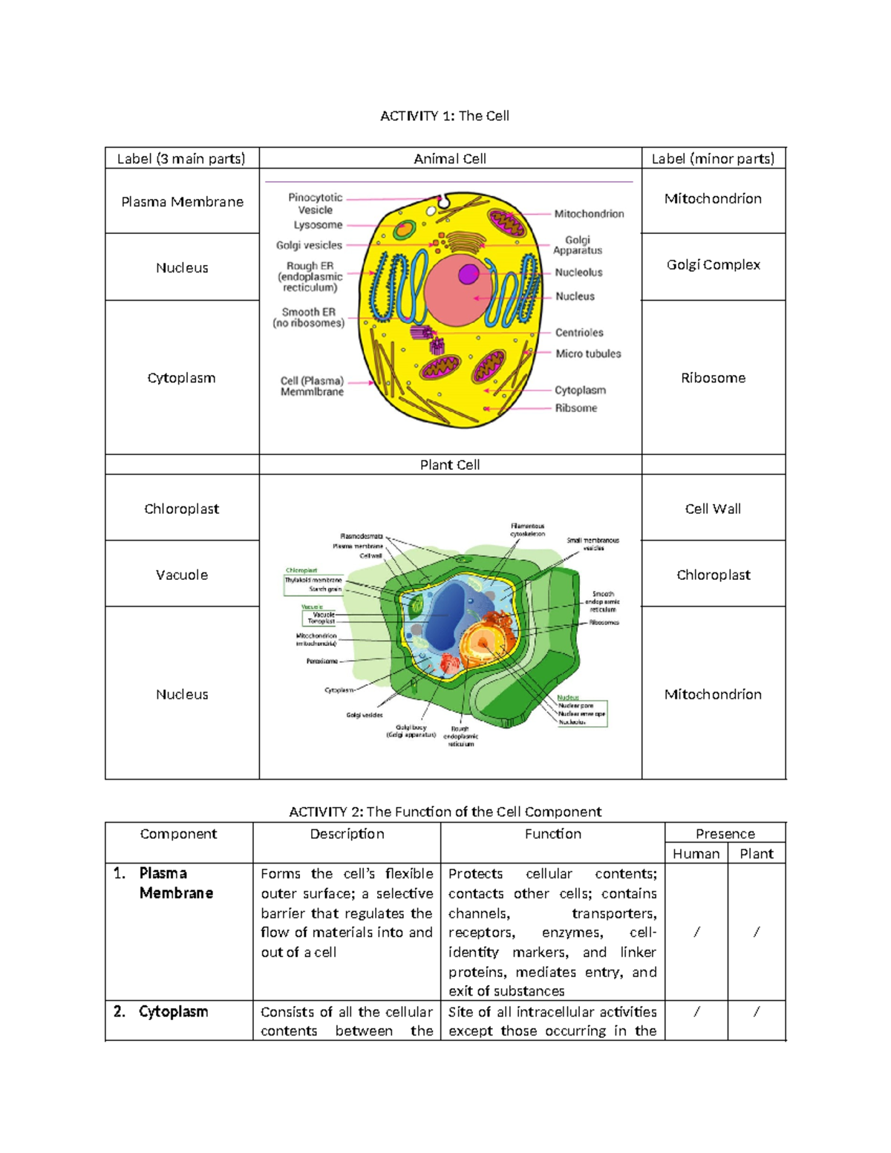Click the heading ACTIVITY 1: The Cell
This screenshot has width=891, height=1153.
tap(444, 116)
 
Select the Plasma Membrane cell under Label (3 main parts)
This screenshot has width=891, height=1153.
tap(182, 202)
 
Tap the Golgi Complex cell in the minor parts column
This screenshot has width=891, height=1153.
tap(713, 265)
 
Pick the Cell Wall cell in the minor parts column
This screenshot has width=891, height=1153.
tap(713, 509)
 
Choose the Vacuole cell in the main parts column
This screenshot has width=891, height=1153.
tap(182, 575)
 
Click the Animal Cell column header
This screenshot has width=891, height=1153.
tap(450, 159)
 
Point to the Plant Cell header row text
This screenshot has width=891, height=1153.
tap(450, 466)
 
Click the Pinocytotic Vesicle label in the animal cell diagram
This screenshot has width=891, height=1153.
tap(316, 203)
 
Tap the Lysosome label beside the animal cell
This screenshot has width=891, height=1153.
tap(318, 225)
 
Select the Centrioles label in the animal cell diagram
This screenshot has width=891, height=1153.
tap(579, 333)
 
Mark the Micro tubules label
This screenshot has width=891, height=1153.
tap(588, 354)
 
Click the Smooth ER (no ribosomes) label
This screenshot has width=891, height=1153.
tap(309, 318)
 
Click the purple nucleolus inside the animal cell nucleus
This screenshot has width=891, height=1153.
tap(469, 274)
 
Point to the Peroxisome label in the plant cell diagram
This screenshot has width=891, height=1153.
tap(322, 661)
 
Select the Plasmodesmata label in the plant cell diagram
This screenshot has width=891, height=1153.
tap(362, 536)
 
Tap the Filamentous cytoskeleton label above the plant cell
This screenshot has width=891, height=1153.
tap(527, 530)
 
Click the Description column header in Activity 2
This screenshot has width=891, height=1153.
tap(347, 834)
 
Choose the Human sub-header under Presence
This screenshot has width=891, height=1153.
tap(696, 855)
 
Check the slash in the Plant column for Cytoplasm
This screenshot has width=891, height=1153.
tap(756, 1012)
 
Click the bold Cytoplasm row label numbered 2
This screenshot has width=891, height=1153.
tap(173, 1012)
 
